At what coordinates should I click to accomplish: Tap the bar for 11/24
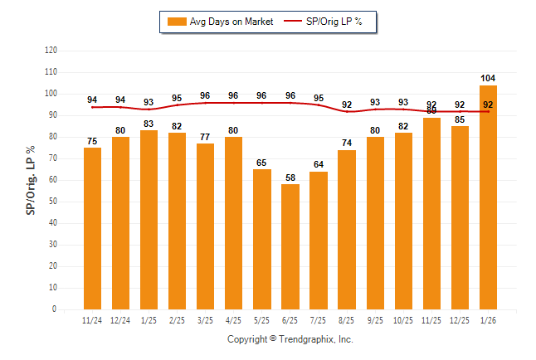[x=92, y=228]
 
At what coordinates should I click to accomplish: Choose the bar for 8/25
[x=347, y=229]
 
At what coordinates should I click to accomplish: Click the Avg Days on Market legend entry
[x=219, y=22]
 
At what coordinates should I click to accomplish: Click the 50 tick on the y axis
[x=54, y=202]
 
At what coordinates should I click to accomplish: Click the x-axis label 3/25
[x=205, y=321]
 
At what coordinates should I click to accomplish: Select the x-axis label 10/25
[x=403, y=321]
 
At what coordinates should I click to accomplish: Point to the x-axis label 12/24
[x=120, y=321]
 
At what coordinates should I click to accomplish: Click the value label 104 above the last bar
[x=488, y=78]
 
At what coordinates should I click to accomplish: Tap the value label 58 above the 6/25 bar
[x=290, y=177]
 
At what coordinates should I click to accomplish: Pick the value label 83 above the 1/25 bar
[x=149, y=124]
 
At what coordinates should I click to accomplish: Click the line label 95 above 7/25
[x=319, y=98]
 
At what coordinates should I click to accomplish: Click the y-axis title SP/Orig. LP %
[x=32, y=179]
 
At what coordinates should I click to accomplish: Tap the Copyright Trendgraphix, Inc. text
[x=290, y=339]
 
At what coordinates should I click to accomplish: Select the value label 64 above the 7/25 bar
[x=319, y=164]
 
